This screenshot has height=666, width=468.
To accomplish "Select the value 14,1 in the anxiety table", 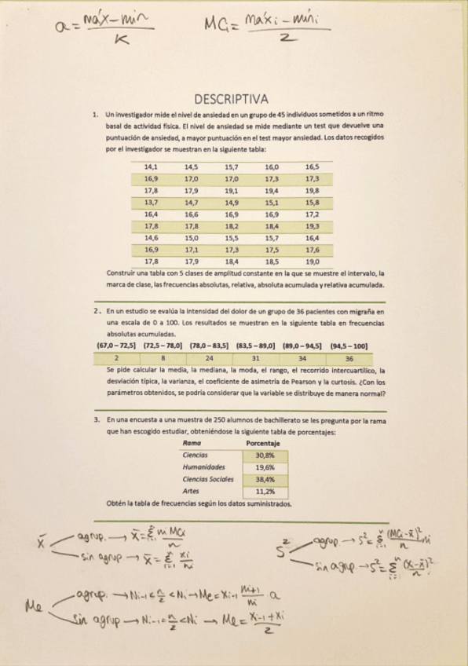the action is point(151,167).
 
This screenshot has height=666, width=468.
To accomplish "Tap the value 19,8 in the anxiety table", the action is point(312,190).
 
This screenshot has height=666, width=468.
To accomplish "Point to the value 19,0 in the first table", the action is point(312,261).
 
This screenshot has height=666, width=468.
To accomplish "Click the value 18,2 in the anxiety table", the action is point(232,225).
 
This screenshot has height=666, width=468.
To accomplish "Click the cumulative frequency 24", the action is point(209,358).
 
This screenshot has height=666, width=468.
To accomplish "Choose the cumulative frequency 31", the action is point(256,358).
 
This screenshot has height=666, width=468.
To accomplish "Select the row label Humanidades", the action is point(203,467).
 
